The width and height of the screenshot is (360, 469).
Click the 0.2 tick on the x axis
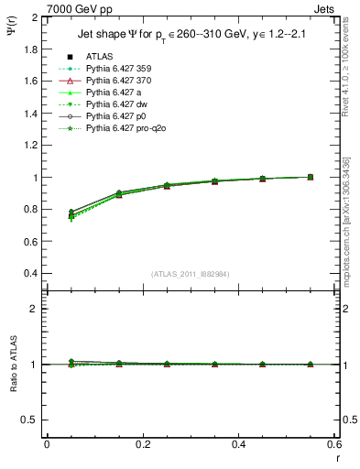(x=142, y=443)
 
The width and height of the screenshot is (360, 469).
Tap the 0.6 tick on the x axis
(x=334, y=443)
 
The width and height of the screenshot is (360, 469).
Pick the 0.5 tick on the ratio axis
(x=32, y=420)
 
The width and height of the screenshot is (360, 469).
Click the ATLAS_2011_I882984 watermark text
(x=191, y=274)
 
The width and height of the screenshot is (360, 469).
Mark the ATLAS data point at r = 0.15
(x=142, y=194)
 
